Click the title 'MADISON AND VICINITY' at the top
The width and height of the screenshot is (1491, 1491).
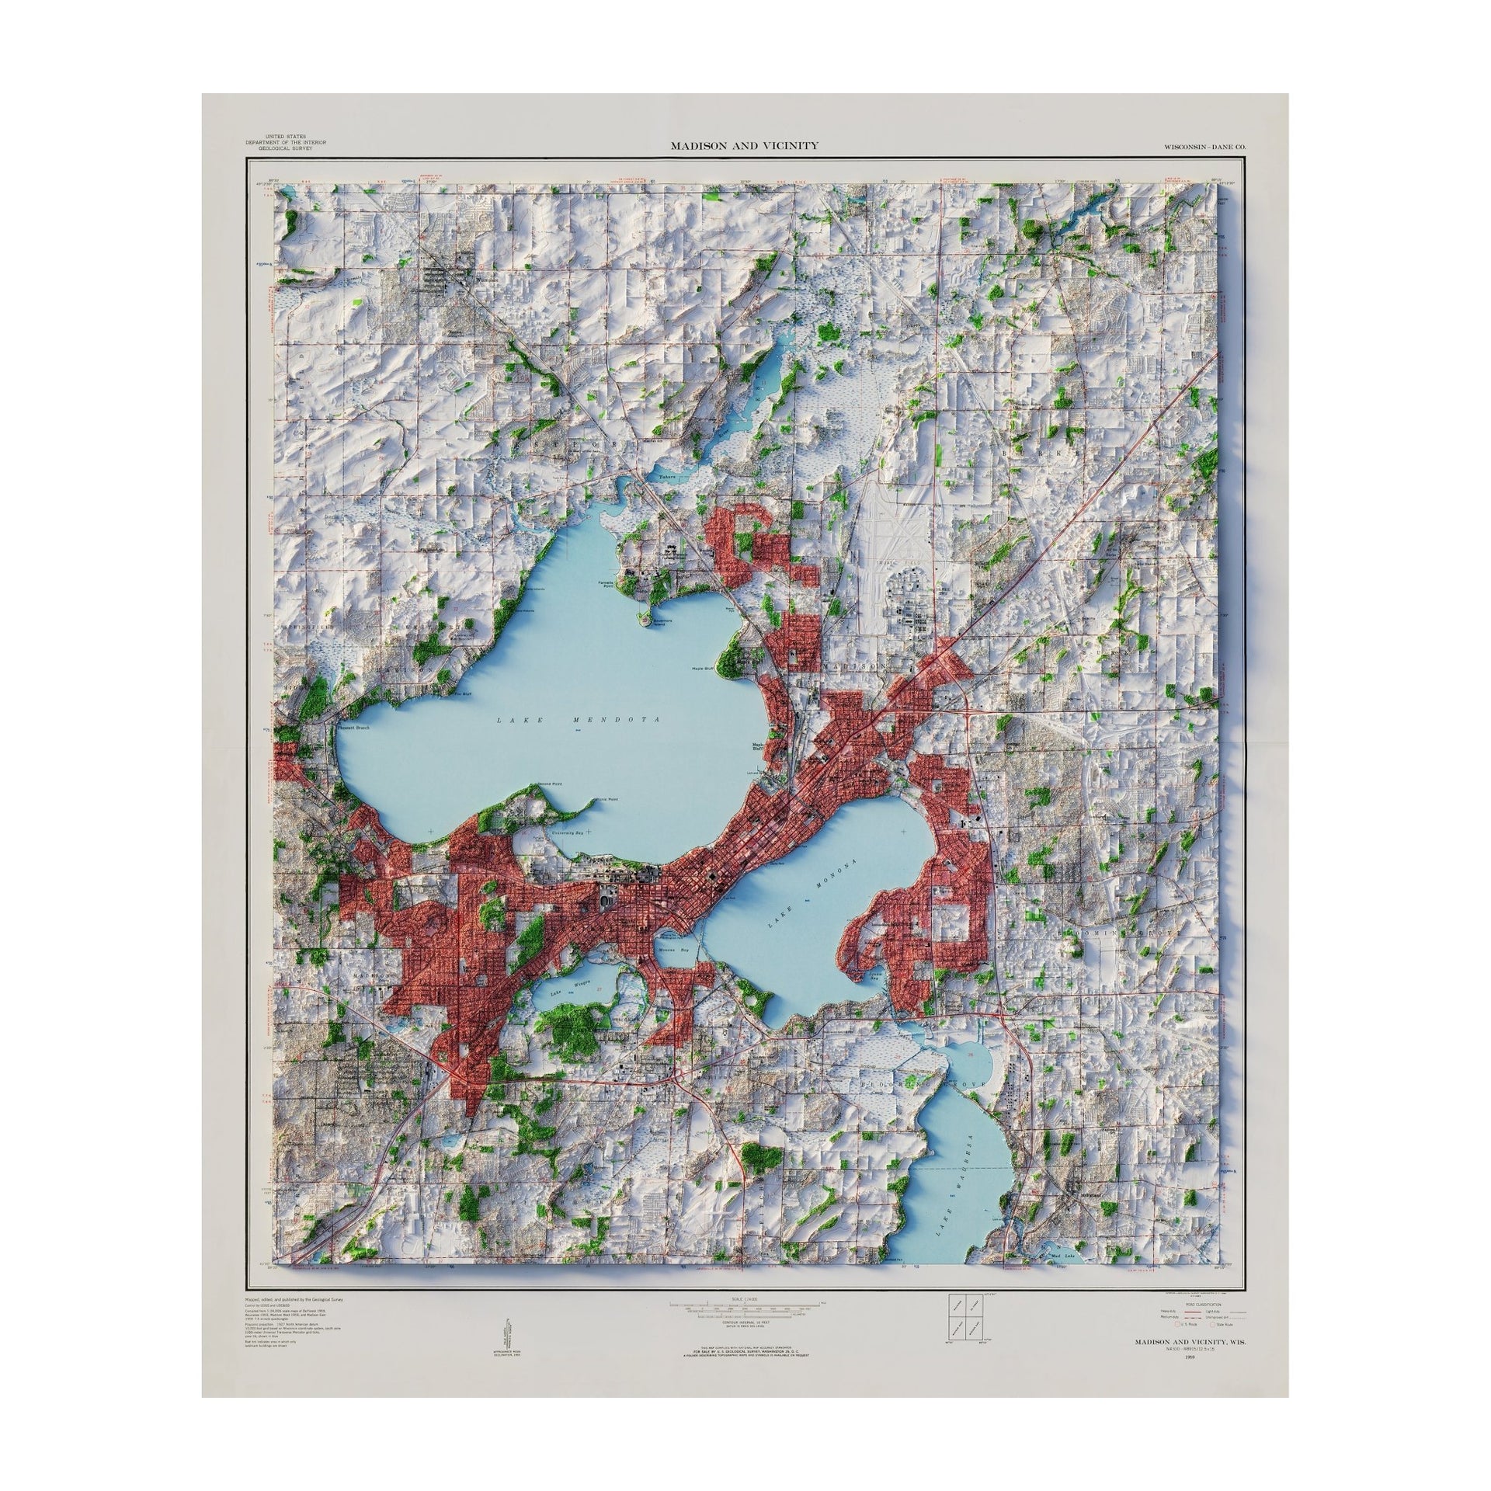coord(743,145)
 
